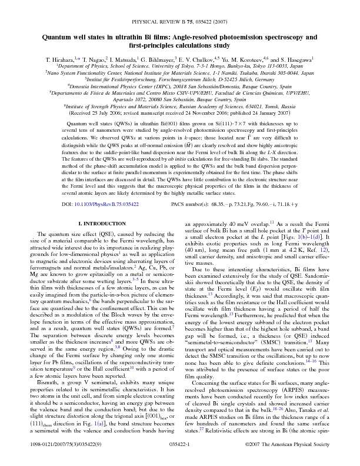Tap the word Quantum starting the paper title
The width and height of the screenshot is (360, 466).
pos(59,37)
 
